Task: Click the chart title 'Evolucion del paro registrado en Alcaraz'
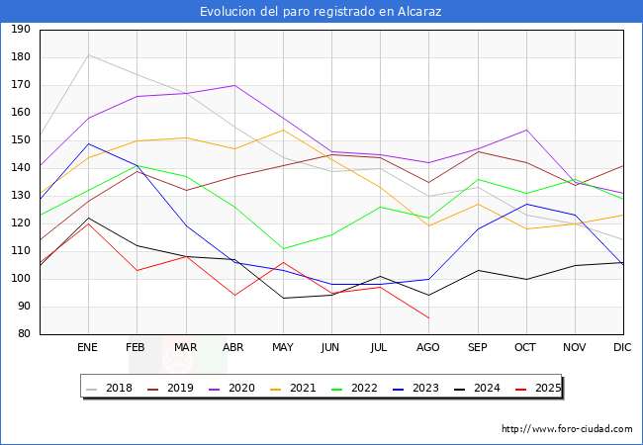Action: [x=321, y=12]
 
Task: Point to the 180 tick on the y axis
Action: [x=19, y=57]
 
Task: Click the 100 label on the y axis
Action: [x=19, y=279]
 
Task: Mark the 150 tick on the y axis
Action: [x=19, y=140]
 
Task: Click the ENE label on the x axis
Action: [x=88, y=347]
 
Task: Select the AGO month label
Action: [x=428, y=347]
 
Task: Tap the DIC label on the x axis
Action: [x=622, y=347]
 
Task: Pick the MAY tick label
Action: [x=283, y=347]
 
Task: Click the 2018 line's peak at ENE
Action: [x=89, y=54]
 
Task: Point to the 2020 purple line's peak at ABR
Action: [x=234, y=85]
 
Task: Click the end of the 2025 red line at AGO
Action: [x=428, y=317]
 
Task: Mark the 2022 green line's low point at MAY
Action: [x=283, y=248]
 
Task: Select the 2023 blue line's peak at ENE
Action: [x=89, y=143]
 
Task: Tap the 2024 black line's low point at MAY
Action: [x=283, y=298]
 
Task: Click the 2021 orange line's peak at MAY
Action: [x=283, y=130]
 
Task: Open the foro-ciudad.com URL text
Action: [x=567, y=429]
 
